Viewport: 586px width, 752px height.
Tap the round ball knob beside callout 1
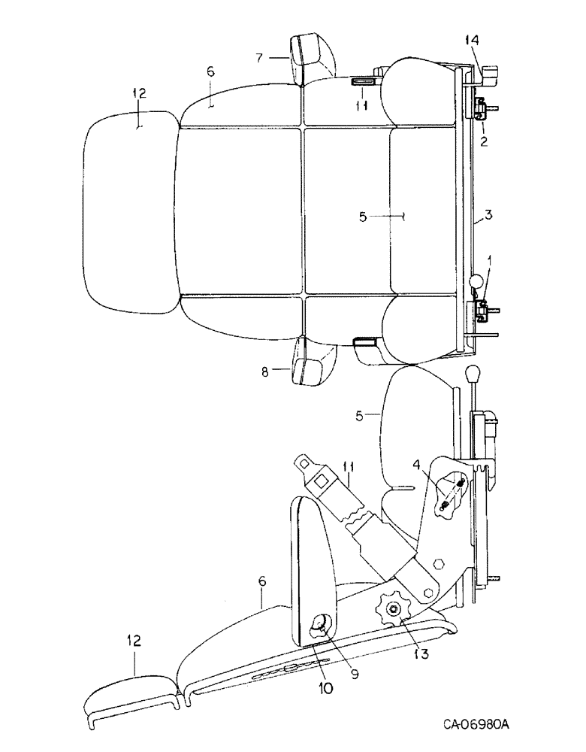point(476,281)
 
